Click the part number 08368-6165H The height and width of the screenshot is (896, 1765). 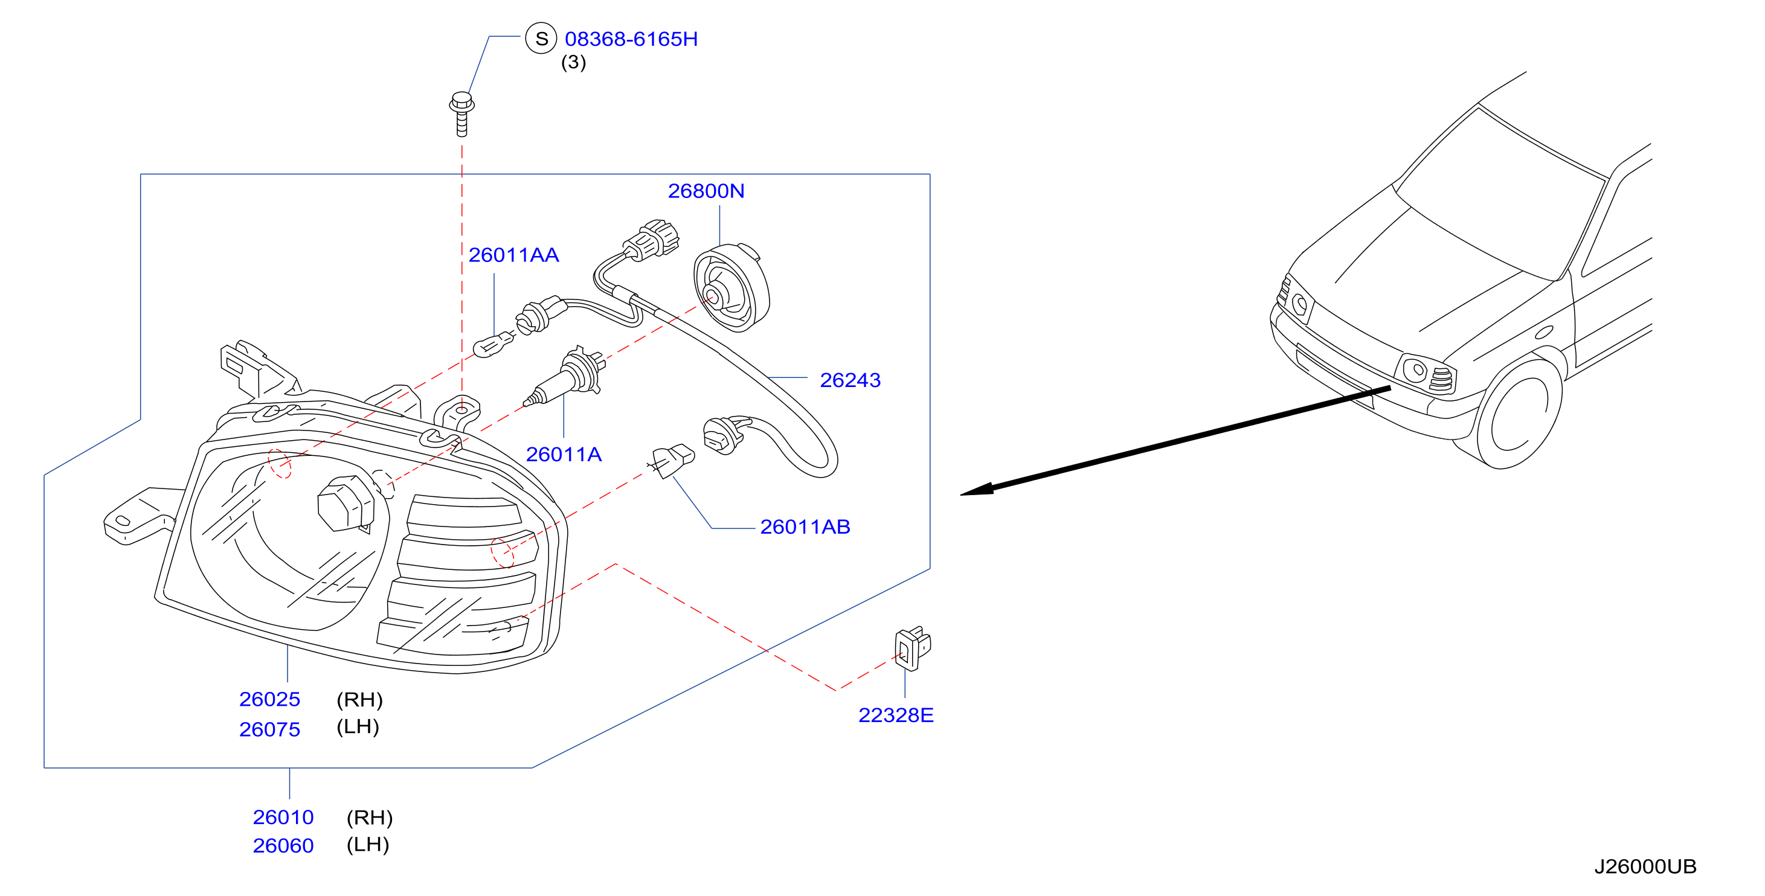tap(631, 39)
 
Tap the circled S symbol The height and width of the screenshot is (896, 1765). tap(541, 39)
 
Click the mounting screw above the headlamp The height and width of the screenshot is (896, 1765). tap(462, 114)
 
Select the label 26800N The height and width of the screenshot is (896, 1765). tap(706, 191)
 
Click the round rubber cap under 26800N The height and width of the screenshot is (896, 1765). tap(731, 289)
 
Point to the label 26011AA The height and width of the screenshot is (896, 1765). tap(514, 255)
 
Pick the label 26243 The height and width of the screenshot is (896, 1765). tap(850, 380)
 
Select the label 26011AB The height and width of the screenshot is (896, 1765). tap(805, 526)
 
